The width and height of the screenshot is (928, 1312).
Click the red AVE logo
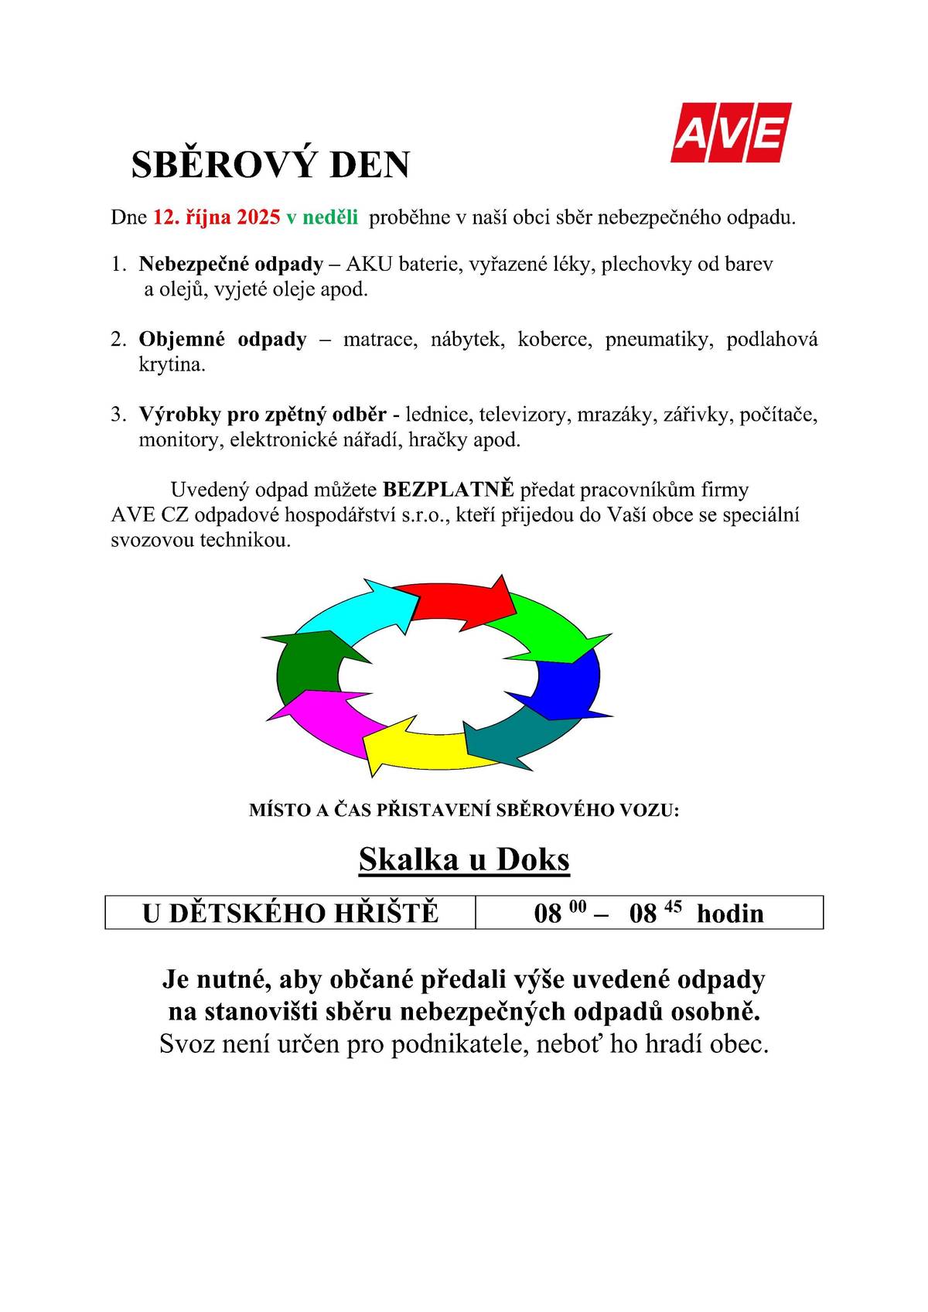(x=730, y=132)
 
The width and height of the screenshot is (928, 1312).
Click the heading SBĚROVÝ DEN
(x=270, y=165)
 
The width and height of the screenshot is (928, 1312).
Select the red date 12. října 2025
(x=217, y=217)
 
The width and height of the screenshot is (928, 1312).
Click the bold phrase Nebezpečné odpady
(x=230, y=264)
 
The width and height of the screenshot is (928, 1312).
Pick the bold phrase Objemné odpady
(x=223, y=339)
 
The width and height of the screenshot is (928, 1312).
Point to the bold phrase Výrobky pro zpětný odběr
(x=262, y=415)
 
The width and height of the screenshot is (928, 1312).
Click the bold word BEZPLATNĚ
(x=449, y=490)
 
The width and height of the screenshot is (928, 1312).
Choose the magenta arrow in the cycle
(x=325, y=716)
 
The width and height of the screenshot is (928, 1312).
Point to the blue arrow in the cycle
(x=568, y=685)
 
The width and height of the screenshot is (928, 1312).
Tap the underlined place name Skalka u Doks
(x=464, y=859)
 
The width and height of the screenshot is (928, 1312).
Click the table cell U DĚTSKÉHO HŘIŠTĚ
(x=290, y=914)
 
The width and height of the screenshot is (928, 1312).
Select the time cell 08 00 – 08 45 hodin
(x=648, y=914)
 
